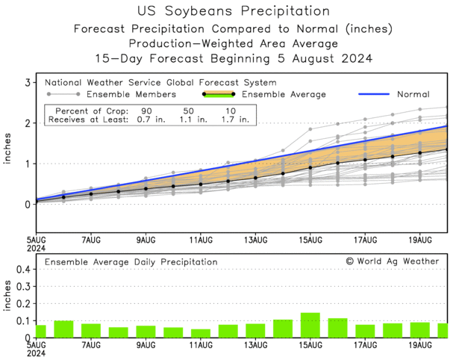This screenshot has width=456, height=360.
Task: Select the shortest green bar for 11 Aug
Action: (x=200, y=334)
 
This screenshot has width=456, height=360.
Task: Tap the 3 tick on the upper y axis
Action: (x=27, y=82)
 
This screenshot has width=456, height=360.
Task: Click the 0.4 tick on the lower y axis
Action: (x=22, y=269)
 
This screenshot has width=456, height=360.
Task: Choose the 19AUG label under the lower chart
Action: (x=420, y=346)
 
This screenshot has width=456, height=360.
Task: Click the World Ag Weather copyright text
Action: (x=393, y=262)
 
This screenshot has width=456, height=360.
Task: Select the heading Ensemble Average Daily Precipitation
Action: (x=131, y=262)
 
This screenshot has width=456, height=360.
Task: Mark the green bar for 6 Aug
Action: (x=63, y=329)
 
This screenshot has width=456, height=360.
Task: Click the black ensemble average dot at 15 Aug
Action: (x=310, y=167)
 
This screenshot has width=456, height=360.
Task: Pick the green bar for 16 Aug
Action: (x=337, y=329)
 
